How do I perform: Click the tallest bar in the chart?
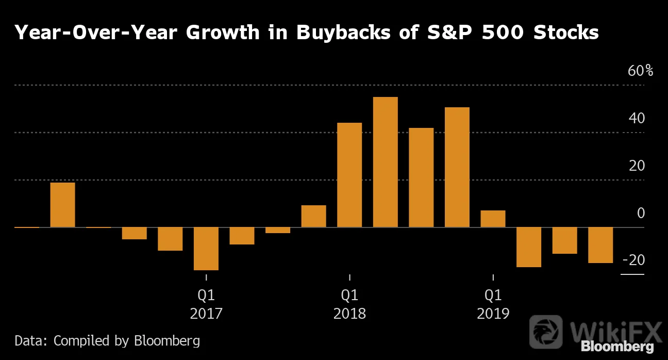(x=386, y=162)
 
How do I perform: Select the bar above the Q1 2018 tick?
(x=349, y=175)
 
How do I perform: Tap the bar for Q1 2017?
(x=206, y=249)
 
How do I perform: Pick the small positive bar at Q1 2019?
(x=493, y=219)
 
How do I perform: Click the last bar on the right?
(x=600, y=245)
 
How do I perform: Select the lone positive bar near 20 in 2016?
(x=63, y=205)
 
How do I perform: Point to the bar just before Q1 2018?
(x=314, y=216)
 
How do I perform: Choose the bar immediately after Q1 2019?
(x=529, y=247)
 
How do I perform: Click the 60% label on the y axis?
(x=640, y=71)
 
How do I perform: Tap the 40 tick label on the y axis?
(x=637, y=119)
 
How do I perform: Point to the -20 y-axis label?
(x=633, y=260)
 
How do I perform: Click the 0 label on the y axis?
(x=641, y=213)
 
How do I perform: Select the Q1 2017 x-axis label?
(x=206, y=304)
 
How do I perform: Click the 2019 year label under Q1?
(x=493, y=314)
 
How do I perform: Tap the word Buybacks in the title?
(x=343, y=32)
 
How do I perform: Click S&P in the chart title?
(x=449, y=32)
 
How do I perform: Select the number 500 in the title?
(x=503, y=32)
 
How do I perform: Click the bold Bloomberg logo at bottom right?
(x=617, y=347)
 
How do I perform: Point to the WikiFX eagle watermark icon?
(x=546, y=332)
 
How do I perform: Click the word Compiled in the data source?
(x=81, y=341)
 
